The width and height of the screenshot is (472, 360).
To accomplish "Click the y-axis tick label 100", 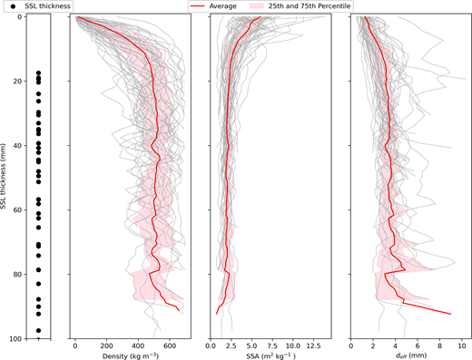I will click(x=15, y=338).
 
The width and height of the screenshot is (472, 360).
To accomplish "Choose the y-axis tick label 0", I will click(x=19, y=17).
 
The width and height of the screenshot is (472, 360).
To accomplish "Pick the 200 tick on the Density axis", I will click(x=106, y=345).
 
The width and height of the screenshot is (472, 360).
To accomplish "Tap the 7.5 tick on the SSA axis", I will click(x=272, y=345).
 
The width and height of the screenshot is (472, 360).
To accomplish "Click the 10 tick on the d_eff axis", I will click(x=462, y=345).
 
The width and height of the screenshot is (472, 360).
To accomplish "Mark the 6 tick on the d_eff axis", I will click(x=418, y=345).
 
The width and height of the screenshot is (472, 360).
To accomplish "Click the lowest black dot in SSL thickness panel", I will click(x=38, y=331).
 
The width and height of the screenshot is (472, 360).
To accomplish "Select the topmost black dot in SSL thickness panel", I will click(x=38, y=73).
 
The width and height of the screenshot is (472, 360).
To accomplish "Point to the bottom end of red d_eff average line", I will click(x=451, y=314).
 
